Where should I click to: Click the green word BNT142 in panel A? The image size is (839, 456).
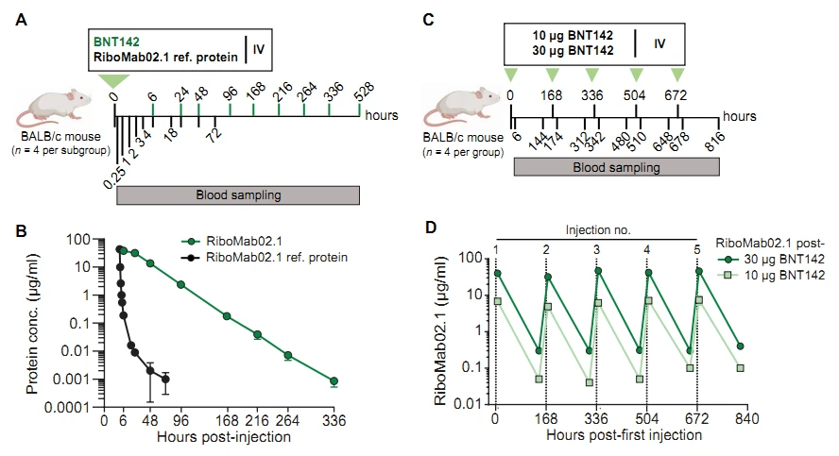coord(116,42)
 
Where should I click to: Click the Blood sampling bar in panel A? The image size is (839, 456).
coord(237,195)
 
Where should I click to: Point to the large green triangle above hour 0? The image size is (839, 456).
coord(115,83)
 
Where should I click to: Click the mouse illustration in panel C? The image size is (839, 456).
coord(458,109)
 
